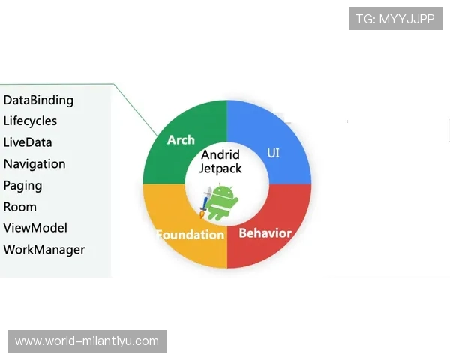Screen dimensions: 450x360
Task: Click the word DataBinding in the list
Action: pos(38,100)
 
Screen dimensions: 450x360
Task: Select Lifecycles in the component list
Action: pos(30,121)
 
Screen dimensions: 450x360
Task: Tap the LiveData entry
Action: pos(28,142)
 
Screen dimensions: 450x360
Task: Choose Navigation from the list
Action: pos(34,164)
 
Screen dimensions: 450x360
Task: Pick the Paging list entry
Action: pos(22,186)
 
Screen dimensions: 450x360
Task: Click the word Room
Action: pos(20,207)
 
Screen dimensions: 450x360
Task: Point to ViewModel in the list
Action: pos(35,228)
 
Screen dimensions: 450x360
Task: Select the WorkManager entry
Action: pos(44,250)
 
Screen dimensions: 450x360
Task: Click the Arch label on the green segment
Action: pos(181,140)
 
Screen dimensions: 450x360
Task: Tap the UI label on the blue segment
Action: pos(273,153)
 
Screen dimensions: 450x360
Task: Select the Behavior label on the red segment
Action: pos(265,233)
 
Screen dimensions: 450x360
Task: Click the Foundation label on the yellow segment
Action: pos(190,235)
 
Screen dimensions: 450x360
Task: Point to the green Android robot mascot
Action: pos(221,202)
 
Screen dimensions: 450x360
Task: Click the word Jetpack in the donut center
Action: pos(220,169)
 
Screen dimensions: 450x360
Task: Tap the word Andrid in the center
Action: pos(220,155)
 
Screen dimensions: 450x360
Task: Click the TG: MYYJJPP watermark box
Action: pos(395,19)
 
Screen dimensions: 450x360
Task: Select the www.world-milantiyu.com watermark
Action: pos(87,341)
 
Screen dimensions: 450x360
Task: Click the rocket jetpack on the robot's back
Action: pos(205,202)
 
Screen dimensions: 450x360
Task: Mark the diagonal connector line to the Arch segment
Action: pos(136,109)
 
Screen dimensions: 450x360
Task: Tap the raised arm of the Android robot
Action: pos(234,202)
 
